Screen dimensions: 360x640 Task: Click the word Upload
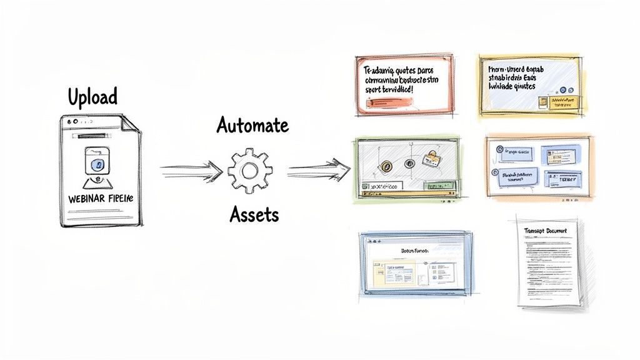click(x=92, y=97)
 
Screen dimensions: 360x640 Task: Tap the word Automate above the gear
click(x=252, y=125)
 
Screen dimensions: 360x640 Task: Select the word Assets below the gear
click(x=254, y=215)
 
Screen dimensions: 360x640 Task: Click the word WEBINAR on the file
click(x=84, y=198)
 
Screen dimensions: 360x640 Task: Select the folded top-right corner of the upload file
click(x=131, y=122)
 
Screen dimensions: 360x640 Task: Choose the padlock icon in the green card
click(x=429, y=156)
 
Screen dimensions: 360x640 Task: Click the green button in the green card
click(x=437, y=186)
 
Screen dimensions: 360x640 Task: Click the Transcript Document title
click(x=545, y=231)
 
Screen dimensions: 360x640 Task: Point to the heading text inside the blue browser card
click(x=414, y=250)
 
